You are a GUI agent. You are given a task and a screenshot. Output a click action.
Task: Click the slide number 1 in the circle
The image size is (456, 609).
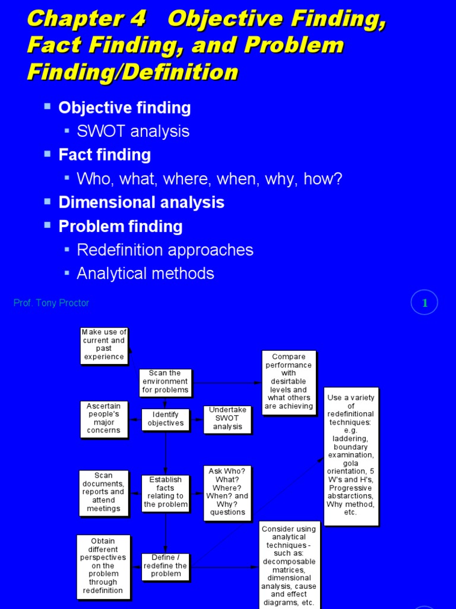pos(425,303)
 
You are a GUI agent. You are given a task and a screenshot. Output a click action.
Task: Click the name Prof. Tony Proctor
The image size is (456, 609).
pos(51,303)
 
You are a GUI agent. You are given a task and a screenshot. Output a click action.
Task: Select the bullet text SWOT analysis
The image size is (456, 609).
pos(133,131)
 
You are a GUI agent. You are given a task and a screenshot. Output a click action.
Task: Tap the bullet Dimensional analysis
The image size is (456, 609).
pos(141,202)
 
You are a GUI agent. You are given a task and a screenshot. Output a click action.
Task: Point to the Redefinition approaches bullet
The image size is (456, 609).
pos(165,250)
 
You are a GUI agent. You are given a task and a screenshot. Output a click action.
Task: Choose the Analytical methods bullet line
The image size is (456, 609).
pos(145,274)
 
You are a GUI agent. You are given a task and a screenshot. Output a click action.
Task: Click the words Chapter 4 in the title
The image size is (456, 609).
pos(86,19)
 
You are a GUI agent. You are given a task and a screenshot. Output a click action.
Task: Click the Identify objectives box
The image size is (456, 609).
pos(166,419)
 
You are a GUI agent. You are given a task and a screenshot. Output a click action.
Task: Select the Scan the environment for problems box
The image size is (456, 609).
pos(165,382)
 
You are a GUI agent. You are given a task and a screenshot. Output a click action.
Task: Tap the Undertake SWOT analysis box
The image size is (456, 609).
pos(227,419)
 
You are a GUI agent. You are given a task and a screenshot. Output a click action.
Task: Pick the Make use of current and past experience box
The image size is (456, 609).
pos(104,345)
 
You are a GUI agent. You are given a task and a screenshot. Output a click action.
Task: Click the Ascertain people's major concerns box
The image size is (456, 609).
pos(104,419)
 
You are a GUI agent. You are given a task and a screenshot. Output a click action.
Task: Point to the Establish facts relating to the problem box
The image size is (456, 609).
pos(166,492)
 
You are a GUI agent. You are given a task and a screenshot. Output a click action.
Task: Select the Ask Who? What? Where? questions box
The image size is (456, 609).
pos(227,492)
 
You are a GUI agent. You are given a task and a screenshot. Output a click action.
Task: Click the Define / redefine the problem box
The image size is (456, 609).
pos(166,566)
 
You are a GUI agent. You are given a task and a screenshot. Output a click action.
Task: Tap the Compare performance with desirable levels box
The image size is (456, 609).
pos(289,382)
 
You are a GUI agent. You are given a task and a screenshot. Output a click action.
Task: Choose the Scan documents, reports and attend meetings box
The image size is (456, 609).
pos(103,492)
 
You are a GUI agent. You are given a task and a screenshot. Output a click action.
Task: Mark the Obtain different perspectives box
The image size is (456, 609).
pos(103,566)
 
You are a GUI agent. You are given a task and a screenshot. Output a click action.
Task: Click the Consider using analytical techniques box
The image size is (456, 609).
pos(289,565)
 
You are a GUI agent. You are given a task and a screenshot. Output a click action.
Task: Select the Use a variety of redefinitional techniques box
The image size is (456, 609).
pos(351,456)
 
